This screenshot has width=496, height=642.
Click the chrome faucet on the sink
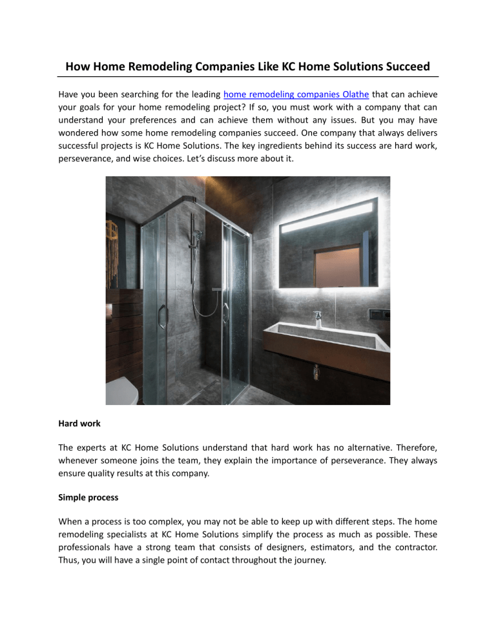(318, 319)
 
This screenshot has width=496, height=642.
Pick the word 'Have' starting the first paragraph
(69, 94)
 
